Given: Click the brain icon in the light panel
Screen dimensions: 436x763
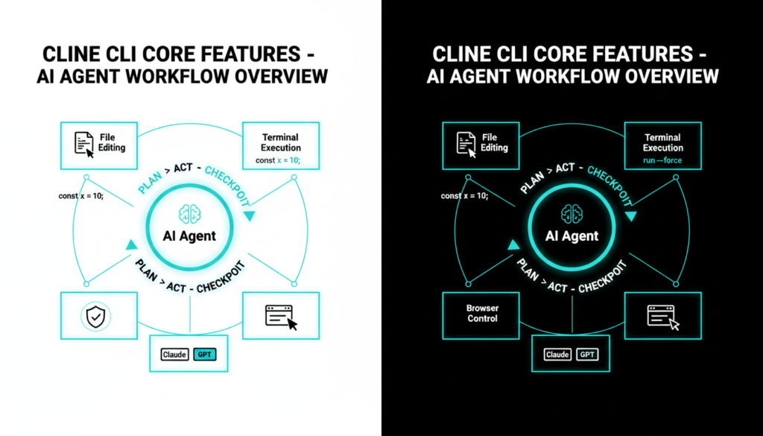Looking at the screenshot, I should (x=189, y=213).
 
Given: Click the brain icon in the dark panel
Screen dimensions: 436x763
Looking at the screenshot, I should (x=572, y=213).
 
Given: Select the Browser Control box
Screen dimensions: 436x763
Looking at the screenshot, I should (x=482, y=313).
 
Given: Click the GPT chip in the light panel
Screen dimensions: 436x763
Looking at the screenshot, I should (x=204, y=355).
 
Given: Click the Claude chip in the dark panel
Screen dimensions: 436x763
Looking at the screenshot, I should (x=557, y=355).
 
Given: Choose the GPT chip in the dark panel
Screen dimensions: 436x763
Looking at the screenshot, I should (x=587, y=355).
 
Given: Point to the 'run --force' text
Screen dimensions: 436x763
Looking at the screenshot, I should (x=662, y=160).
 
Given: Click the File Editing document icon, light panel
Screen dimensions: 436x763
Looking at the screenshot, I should (x=84, y=143).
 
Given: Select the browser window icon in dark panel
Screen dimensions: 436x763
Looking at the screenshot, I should (x=663, y=317).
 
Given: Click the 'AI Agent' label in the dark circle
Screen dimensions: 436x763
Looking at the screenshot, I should (x=572, y=236).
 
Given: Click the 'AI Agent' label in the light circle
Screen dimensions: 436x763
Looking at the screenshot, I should (x=189, y=236).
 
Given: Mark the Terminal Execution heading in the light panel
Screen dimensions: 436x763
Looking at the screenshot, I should (x=280, y=142).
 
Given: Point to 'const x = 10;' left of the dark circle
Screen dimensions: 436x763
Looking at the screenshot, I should (x=465, y=196).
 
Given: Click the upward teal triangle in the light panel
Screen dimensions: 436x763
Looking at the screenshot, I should (x=132, y=244).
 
